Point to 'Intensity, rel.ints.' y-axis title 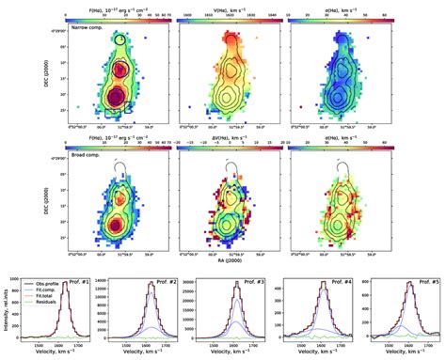[x=6, y=309]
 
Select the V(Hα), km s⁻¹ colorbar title [x=223, y=8]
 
